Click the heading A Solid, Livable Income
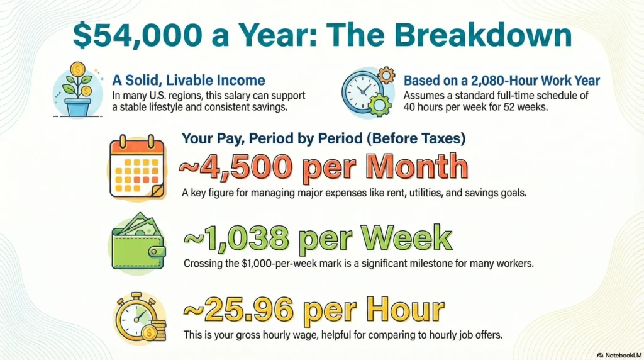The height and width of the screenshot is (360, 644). pyautogui.click(x=188, y=81)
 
